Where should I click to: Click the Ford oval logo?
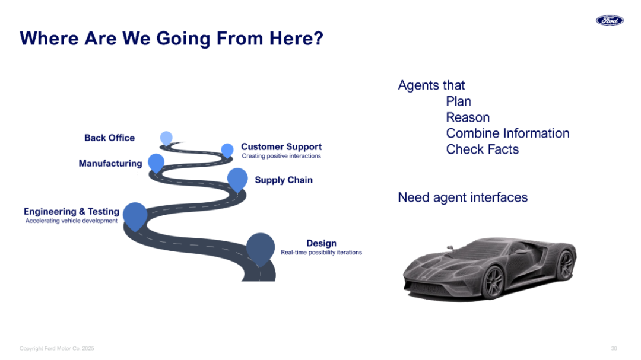610,20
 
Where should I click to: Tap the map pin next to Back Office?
166,138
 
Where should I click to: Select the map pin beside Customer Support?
227,150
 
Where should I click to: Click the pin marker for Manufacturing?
156,163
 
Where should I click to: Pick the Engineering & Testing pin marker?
135,215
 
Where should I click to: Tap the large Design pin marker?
261,248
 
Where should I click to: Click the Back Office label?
110,138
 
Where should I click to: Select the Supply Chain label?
284,180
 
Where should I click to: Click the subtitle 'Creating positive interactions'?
281,156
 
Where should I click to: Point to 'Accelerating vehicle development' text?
72,221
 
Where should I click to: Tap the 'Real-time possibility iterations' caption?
321,253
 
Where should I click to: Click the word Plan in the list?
459,101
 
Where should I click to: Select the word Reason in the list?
468,117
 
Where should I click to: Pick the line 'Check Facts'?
483,149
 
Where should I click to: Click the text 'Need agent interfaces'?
463,197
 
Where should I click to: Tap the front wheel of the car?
494,282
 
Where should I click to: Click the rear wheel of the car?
566,265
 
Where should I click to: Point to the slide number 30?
614,348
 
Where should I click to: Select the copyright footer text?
57,348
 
